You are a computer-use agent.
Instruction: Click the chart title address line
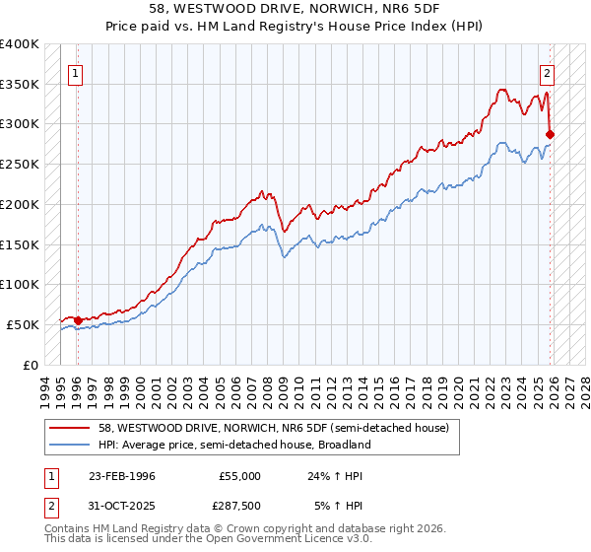[x=295, y=10]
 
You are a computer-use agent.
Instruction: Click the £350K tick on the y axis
[x=20, y=85]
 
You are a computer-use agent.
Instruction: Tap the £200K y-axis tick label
[x=20, y=204]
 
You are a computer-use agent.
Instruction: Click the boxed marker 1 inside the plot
[x=75, y=72]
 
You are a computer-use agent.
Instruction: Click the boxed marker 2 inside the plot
[x=547, y=72]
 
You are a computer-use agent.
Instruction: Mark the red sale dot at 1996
[x=78, y=320]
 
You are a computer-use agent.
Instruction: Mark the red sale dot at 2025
[x=551, y=134]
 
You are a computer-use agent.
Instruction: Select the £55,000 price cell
[x=239, y=475]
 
